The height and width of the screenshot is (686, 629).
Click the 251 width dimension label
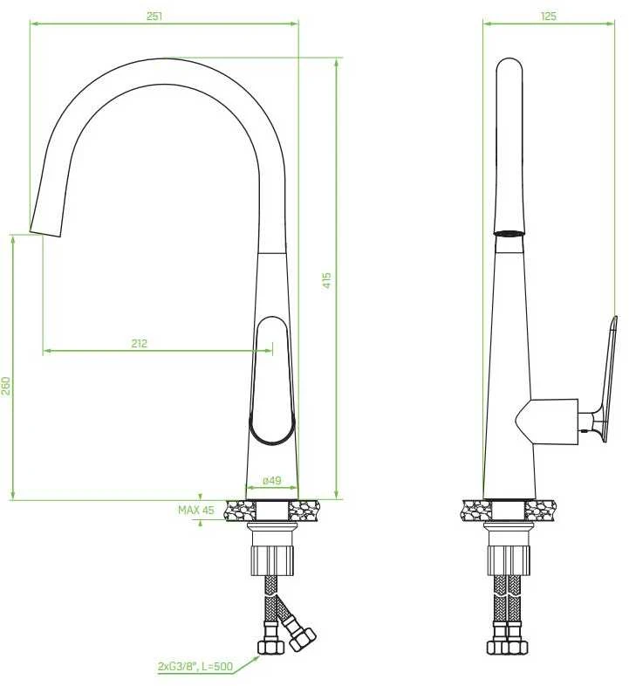tap(154, 17)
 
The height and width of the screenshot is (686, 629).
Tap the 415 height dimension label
tap(327, 280)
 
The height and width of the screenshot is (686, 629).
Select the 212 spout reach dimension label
tap(139, 344)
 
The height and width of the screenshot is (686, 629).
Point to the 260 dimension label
tap(6, 386)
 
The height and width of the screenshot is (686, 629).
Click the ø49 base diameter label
tap(272, 480)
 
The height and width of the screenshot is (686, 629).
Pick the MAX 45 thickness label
tap(196, 510)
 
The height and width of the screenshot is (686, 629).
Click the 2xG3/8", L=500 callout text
tap(195, 667)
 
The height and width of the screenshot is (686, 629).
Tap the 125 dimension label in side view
tap(548, 17)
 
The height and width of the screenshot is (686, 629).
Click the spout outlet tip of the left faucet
tap(44, 233)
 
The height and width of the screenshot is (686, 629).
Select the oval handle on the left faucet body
tap(272, 381)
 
